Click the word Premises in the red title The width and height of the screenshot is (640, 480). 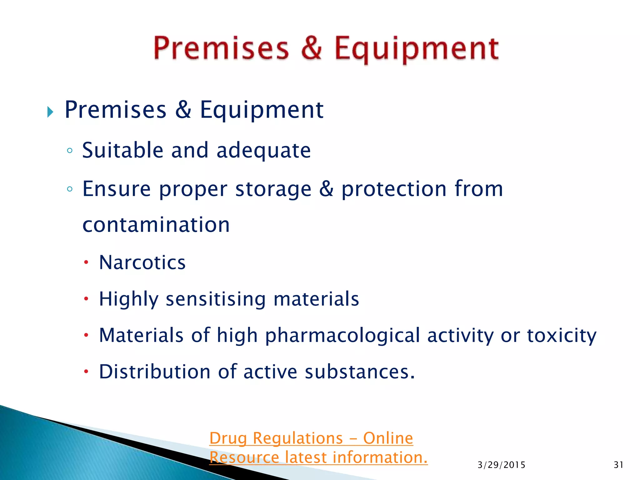[221, 48]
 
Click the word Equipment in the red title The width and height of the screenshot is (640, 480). [417, 49]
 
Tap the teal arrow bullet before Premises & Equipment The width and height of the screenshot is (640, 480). [50, 112]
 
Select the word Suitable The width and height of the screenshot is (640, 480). [122, 150]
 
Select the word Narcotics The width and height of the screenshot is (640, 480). [142, 262]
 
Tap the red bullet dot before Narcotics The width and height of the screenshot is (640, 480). [86, 262]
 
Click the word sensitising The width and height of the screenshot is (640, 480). [216, 299]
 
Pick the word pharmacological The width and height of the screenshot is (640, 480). [342, 336]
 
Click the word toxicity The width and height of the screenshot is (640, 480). [562, 336]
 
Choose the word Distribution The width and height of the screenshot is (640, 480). [155, 372]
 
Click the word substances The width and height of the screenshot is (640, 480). [359, 372]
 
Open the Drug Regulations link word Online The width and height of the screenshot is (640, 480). [388, 438]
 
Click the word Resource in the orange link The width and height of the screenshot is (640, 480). [244, 457]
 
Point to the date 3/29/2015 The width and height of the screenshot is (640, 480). [501, 465]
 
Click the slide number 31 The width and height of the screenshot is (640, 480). [618, 465]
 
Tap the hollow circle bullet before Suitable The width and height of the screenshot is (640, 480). [70, 151]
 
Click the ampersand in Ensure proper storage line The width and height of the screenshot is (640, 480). [326, 189]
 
